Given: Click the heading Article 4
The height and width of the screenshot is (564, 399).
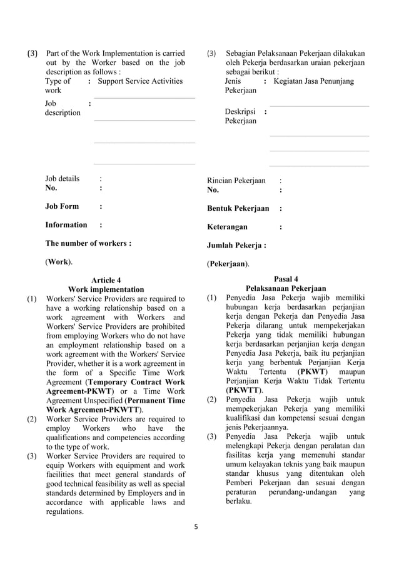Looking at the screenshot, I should click(106, 280).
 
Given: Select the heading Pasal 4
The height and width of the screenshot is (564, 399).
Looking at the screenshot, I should click(286, 279).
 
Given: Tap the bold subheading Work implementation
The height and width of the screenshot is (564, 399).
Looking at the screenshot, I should click(106, 290).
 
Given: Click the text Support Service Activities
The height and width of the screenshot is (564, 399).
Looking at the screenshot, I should click(141, 81).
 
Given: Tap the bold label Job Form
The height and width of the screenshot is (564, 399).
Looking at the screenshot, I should click(62, 206).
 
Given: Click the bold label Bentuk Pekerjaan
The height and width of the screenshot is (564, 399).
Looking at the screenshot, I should click(238, 208).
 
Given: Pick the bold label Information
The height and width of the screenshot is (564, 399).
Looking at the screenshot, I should click(66, 224).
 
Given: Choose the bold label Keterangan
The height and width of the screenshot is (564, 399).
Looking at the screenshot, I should click(227, 227).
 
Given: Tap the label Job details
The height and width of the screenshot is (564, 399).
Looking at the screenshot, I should click(62, 178).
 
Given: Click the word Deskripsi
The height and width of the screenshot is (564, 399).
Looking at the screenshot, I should click(240, 111).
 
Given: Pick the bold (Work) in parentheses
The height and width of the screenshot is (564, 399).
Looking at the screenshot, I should click(58, 261).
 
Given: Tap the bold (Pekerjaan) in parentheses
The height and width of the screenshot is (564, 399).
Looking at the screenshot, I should click(228, 264).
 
